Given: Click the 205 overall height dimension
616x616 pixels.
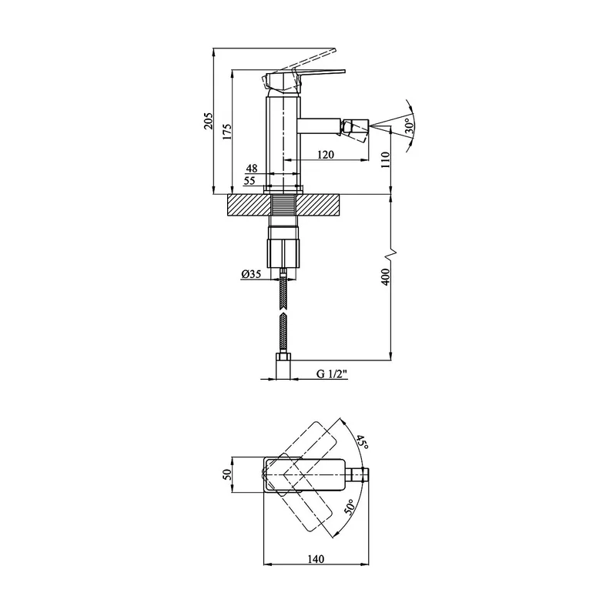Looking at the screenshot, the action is pos(208,121).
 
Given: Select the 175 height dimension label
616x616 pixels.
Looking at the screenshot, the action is pos(226,132).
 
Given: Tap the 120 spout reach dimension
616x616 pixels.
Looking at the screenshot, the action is pos(326,155).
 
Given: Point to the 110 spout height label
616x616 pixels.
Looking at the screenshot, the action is pos(385,160).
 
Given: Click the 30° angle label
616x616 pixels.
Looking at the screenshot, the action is pos(409,126).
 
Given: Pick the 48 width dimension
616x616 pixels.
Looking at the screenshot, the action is pos(252,168).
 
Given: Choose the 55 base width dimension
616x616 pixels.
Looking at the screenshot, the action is pos(249,181).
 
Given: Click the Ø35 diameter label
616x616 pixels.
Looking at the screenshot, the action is pos(252,274).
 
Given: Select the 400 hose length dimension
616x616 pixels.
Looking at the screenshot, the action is pos(385,277).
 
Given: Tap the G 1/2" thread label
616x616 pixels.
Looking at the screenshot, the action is pos(333,373).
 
